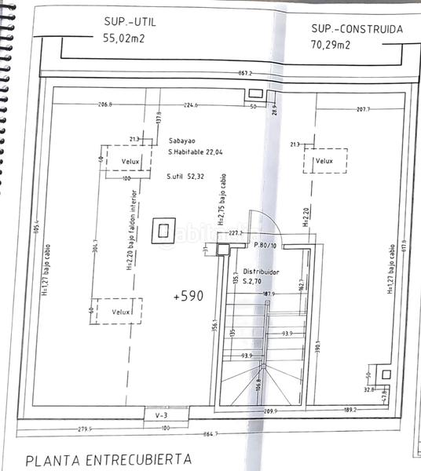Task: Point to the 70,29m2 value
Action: tap(330, 45)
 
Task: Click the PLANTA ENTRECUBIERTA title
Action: tap(108, 458)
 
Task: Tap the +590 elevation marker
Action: tap(188, 297)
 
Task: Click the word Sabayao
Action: tap(182, 142)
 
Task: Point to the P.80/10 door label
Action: tap(258, 245)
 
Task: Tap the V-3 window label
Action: tap(162, 414)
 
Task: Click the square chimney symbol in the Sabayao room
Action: tap(164, 230)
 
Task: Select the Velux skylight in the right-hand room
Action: tap(324, 161)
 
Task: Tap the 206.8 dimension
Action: tap(106, 104)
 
